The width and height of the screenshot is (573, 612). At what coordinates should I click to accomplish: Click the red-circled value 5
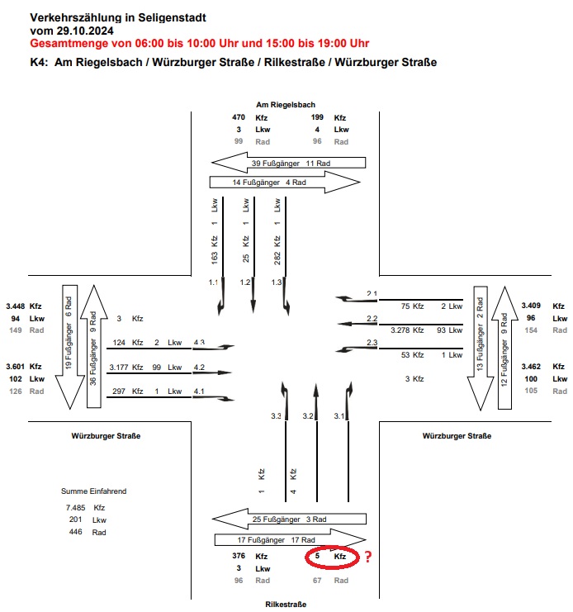(x=317, y=557)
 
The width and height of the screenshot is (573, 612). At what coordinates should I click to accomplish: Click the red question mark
(x=368, y=557)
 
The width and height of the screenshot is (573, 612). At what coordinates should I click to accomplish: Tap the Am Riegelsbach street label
(x=286, y=105)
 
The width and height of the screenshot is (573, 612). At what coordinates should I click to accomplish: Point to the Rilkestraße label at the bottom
(x=286, y=605)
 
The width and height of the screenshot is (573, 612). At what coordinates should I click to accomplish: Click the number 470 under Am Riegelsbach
(x=239, y=118)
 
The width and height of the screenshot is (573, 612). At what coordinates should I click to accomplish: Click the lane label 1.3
(x=277, y=282)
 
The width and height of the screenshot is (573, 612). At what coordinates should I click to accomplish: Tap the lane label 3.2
(x=309, y=416)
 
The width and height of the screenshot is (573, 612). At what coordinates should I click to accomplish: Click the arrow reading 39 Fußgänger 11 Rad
(x=287, y=164)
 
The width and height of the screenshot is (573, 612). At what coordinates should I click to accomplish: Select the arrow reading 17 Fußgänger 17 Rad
(x=289, y=540)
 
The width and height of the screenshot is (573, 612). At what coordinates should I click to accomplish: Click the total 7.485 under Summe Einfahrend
(x=75, y=507)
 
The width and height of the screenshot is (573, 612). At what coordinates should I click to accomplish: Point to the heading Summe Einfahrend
(x=93, y=491)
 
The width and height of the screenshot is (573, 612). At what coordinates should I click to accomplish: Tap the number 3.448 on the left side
(x=17, y=306)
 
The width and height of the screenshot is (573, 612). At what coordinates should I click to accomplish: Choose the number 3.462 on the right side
(x=534, y=366)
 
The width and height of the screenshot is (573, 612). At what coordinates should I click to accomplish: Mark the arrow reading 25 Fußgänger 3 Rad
(x=289, y=519)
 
